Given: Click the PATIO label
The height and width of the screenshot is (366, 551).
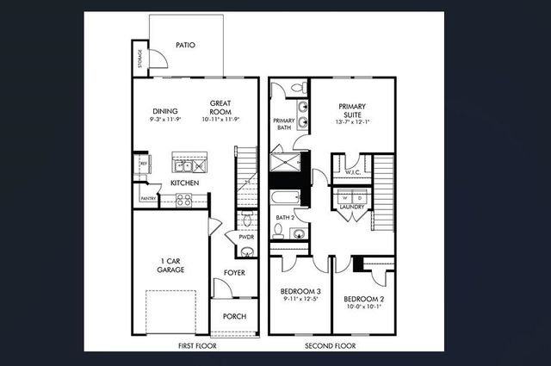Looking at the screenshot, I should [x=185, y=45].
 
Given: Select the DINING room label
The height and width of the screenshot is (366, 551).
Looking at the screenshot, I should [x=164, y=110].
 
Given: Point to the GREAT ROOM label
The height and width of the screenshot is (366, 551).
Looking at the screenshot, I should [x=220, y=107].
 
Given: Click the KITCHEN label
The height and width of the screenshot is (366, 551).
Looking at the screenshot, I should [x=185, y=183].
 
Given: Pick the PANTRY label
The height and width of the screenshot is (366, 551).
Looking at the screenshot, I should [x=147, y=199].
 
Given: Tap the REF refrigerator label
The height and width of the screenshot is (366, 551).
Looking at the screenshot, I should [x=145, y=161].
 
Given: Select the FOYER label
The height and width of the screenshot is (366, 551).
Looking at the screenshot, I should [x=234, y=273].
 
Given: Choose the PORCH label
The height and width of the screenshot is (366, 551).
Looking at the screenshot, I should [x=234, y=317].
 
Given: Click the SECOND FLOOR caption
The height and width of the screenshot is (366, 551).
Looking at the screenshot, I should [x=331, y=346].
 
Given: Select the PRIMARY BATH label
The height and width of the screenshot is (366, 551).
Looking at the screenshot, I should [x=284, y=124].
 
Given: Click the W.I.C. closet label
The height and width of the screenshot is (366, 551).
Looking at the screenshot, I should [x=352, y=172].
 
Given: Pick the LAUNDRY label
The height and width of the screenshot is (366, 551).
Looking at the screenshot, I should [x=352, y=208].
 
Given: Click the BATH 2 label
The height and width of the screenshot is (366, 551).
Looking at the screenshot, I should [x=285, y=218].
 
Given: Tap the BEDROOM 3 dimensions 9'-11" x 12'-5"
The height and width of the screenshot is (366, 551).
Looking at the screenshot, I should [x=300, y=300].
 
